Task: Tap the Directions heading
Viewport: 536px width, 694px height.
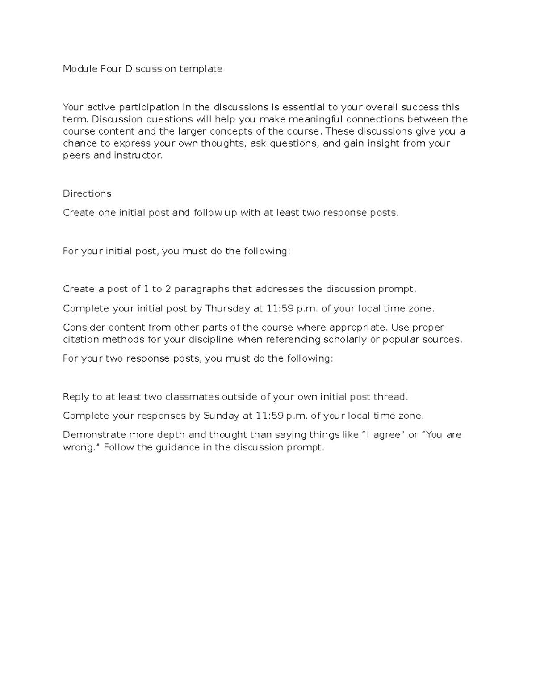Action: [87, 193]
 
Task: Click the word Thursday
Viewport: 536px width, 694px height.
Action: [227, 308]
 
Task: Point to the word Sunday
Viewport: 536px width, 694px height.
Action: [221, 416]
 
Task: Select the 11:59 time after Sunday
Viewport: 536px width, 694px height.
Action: [270, 416]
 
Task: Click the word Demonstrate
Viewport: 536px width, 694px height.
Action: [94, 435]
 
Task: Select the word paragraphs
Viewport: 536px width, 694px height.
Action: [201, 289]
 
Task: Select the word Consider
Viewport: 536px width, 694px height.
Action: [84, 328]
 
